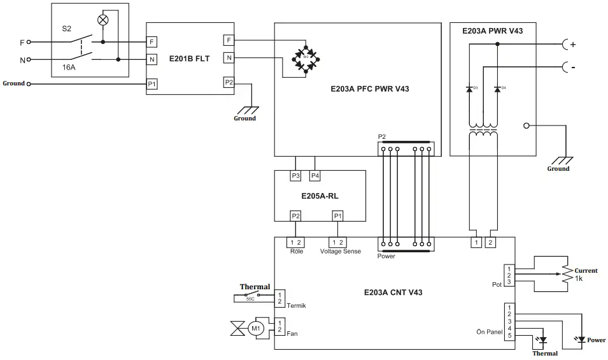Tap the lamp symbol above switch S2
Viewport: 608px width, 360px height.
pyautogui.click(x=103, y=20)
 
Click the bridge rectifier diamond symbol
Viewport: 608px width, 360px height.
pyautogui.click(x=306, y=57)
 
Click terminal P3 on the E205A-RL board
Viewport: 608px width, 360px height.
pyautogui.click(x=295, y=176)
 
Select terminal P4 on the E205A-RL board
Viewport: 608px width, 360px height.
pyautogui.click(x=315, y=176)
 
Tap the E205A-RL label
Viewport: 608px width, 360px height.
pyautogui.click(x=320, y=196)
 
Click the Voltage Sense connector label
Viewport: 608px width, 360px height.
pyautogui.click(x=340, y=251)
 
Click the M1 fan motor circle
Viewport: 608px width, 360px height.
pyautogui.click(x=256, y=329)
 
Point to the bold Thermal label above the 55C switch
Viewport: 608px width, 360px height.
pyautogui.click(x=254, y=287)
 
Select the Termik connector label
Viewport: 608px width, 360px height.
pyautogui.click(x=297, y=306)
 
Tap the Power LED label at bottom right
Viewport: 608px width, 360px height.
pyautogui.click(x=597, y=340)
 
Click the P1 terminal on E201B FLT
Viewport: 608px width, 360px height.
pyautogui.click(x=152, y=83)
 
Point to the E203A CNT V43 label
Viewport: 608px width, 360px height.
pyautogui.click(x=393, y=292)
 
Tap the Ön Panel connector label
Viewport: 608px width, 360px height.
pyautogui.click(x=489, y=331)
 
